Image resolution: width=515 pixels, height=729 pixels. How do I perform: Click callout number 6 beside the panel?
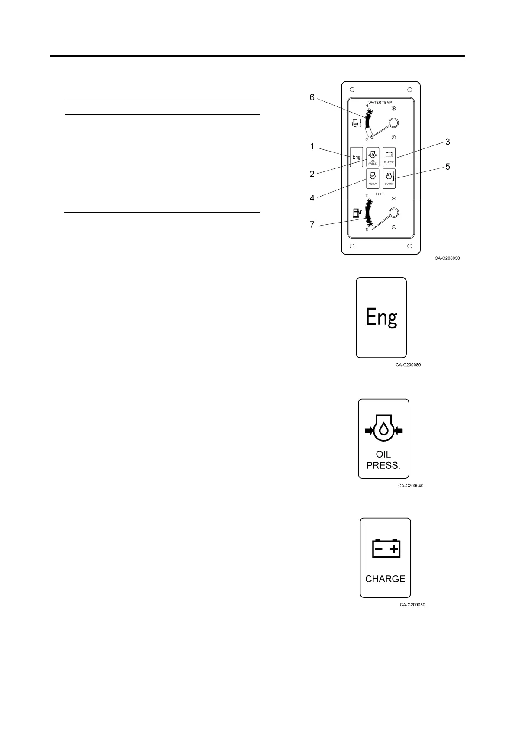(x=312, y=97)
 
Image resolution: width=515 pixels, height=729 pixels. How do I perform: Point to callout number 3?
(x=447, y=142)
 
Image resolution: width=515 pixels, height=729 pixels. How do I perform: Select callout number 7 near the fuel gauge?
(x=312, y=225)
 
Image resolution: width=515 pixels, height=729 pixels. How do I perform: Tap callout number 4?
(x=312, y=198)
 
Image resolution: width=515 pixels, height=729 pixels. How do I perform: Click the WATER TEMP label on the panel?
(x=380, y=103)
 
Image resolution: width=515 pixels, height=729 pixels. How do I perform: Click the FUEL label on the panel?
(x=380, y=194)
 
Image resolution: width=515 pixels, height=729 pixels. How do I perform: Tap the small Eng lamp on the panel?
(x=356, y=157)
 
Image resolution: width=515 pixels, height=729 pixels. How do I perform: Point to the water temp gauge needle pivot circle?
(x=393, y=123)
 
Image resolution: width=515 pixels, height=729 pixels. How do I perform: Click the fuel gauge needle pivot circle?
(x=393, y=213)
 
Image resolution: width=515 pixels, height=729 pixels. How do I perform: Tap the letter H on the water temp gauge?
(x=367, y=106)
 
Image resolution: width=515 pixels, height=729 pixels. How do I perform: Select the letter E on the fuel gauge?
(x=367, y=230)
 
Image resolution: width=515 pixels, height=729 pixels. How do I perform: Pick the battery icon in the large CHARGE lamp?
(x=386, y=548)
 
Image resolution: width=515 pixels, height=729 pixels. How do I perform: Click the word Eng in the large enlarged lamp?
(x=381, y=317)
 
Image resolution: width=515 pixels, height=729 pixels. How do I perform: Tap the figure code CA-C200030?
(x=447, y=258)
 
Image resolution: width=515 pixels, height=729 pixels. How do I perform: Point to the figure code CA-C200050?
(x=412, y=605)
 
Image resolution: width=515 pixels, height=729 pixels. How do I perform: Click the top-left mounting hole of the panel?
(x=352, y=90)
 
